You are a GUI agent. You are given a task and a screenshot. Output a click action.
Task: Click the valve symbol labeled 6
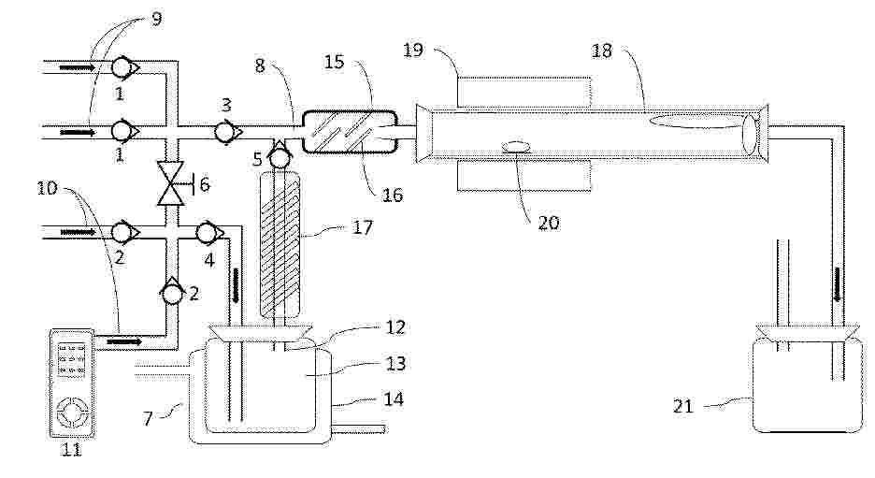171,183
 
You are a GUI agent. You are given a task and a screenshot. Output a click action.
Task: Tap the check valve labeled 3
226,132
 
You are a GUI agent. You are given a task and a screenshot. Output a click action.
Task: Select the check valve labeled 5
278,157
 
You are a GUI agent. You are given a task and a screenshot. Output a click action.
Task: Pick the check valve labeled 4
208,231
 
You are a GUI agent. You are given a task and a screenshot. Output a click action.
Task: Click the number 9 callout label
156,19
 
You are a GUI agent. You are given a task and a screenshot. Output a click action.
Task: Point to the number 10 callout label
48,188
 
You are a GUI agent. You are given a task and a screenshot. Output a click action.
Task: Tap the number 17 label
362,227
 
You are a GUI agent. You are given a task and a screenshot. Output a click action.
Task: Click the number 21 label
682,406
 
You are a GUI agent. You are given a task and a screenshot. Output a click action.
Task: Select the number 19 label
413,51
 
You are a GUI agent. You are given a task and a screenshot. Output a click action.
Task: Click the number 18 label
602,51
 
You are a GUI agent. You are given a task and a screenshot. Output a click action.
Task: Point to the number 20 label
548,223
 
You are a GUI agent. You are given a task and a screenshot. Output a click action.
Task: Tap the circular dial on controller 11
72,413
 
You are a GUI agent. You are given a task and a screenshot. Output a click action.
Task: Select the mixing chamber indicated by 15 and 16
351,132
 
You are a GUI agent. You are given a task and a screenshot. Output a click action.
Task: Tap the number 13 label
395,364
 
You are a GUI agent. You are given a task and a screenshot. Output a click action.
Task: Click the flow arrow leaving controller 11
124,340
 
